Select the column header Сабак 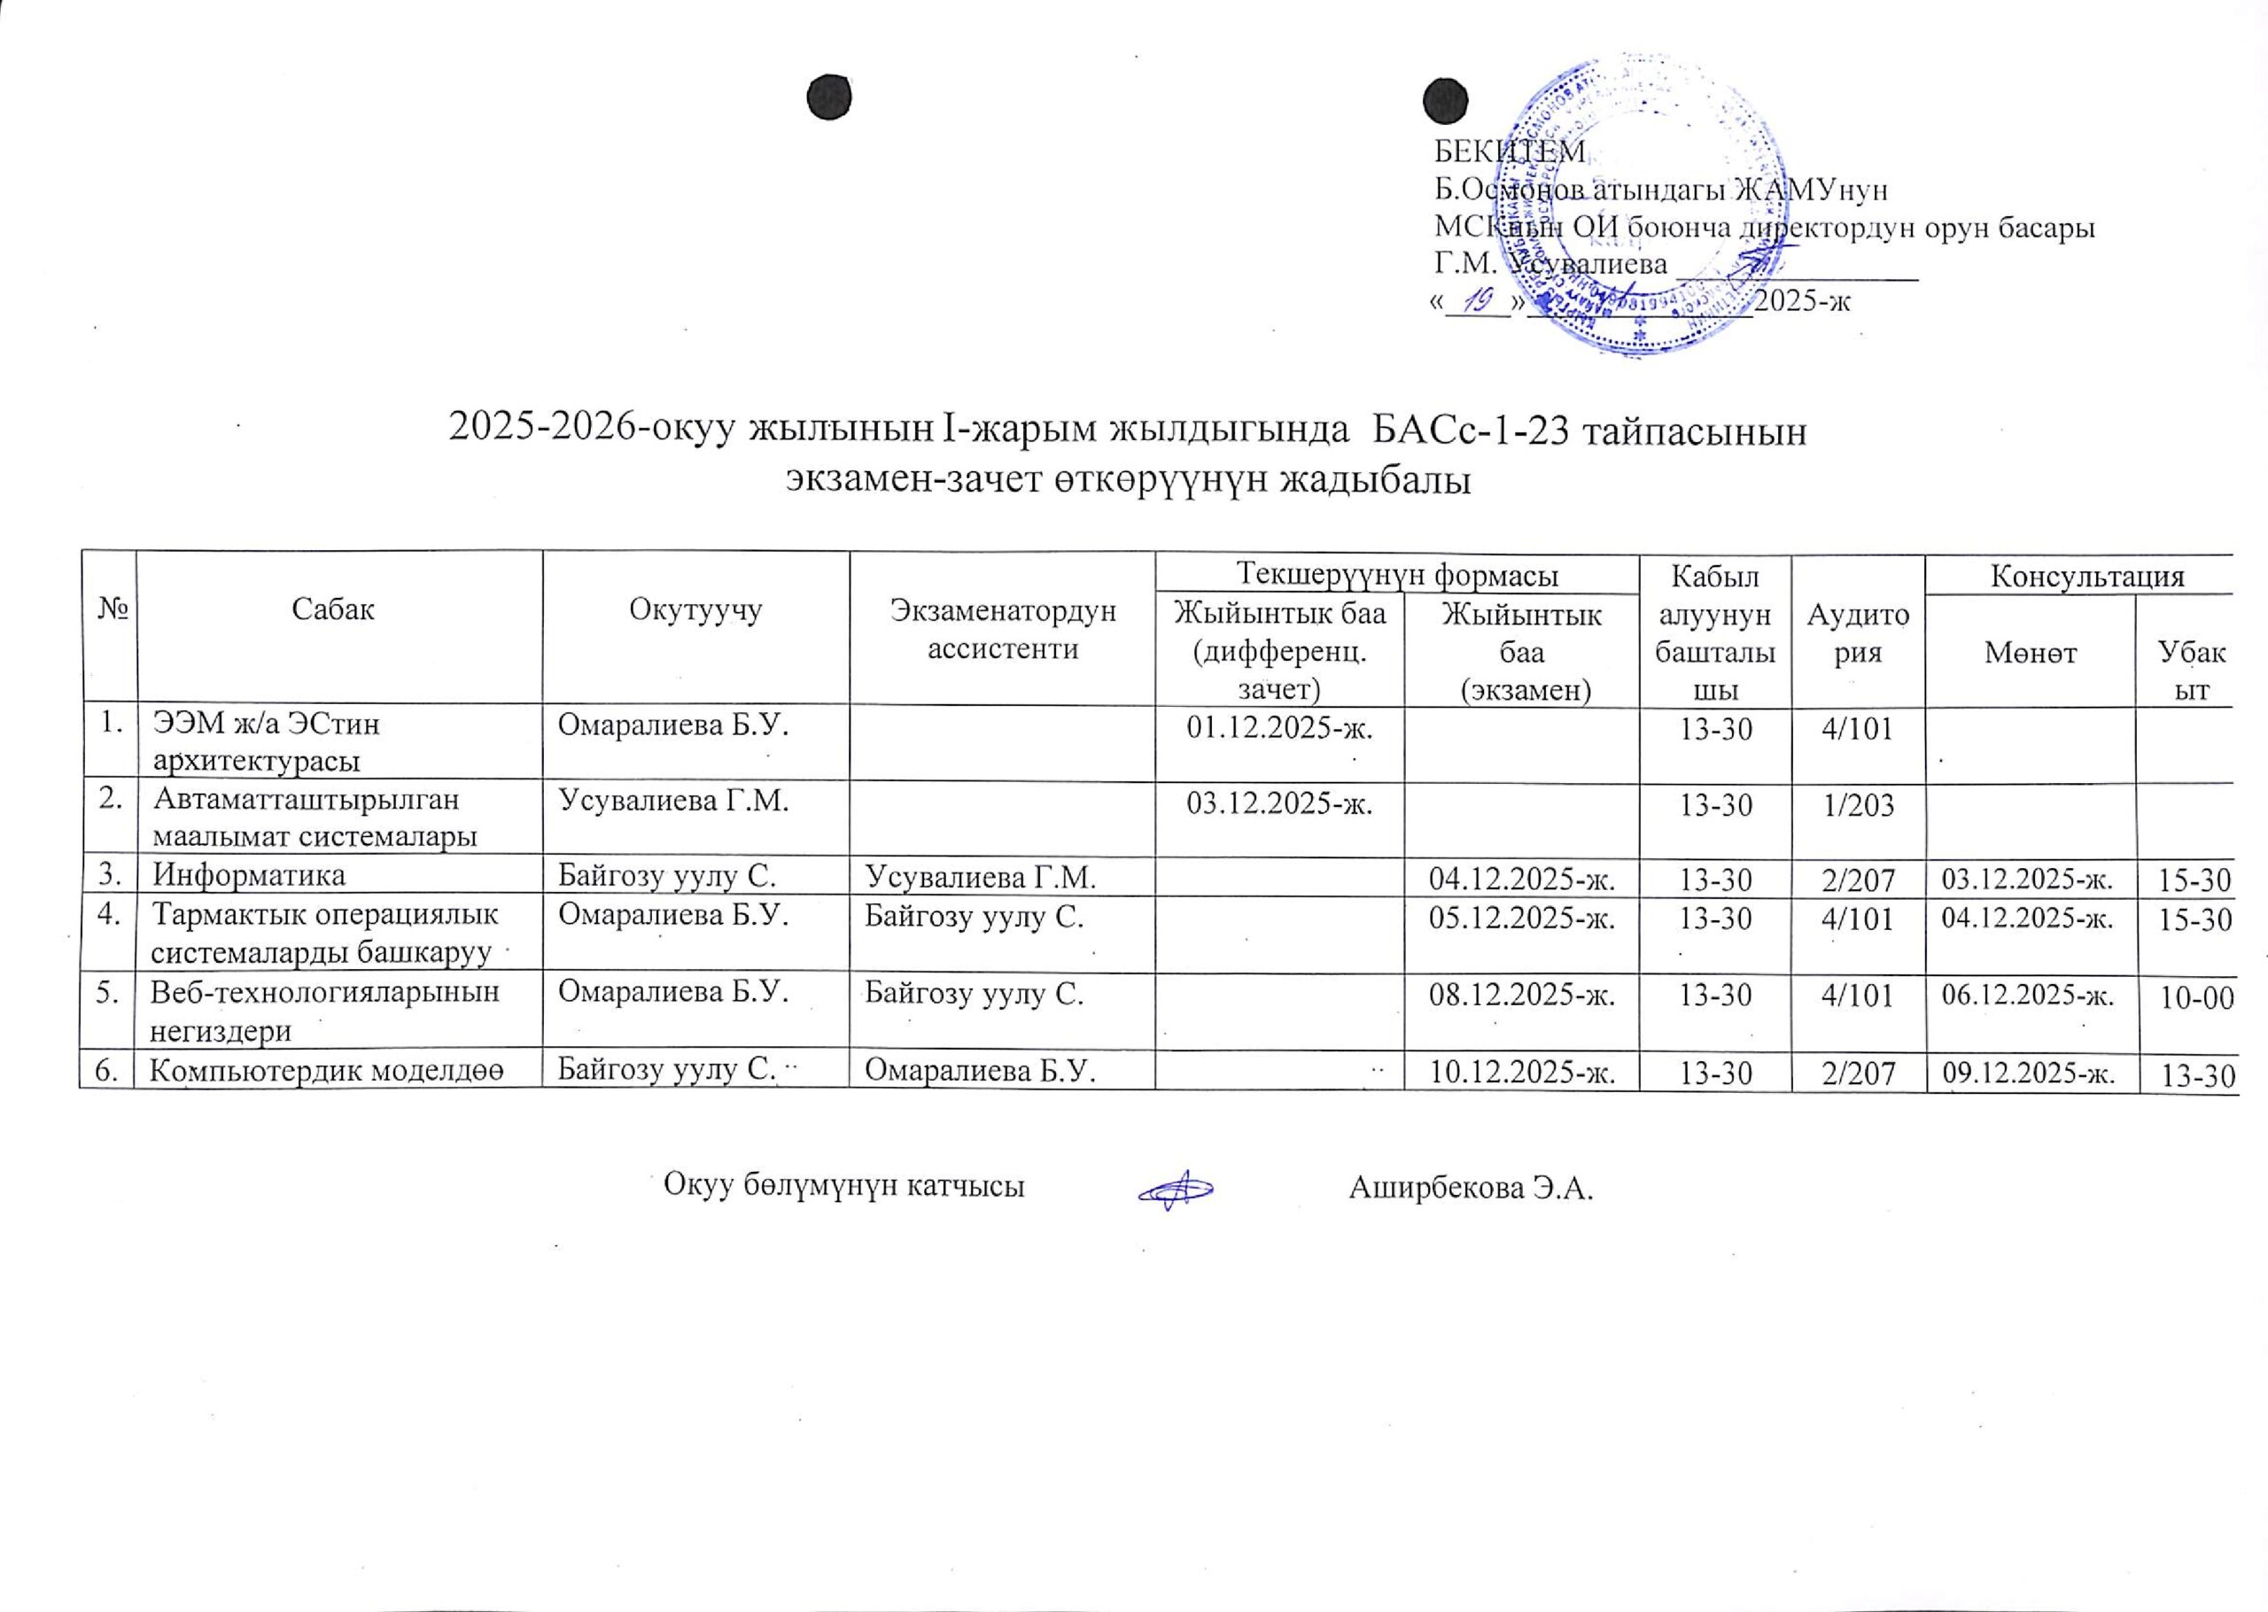(332, 609)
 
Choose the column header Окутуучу (695, 609)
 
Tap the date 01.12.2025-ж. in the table (1279, 730)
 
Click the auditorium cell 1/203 (1858, 805)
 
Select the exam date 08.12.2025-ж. (1519, 996)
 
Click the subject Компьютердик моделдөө (327, 1070)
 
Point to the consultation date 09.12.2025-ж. (2029, 1072)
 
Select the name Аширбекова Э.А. (1471, 1187)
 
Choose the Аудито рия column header (1858, 632)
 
